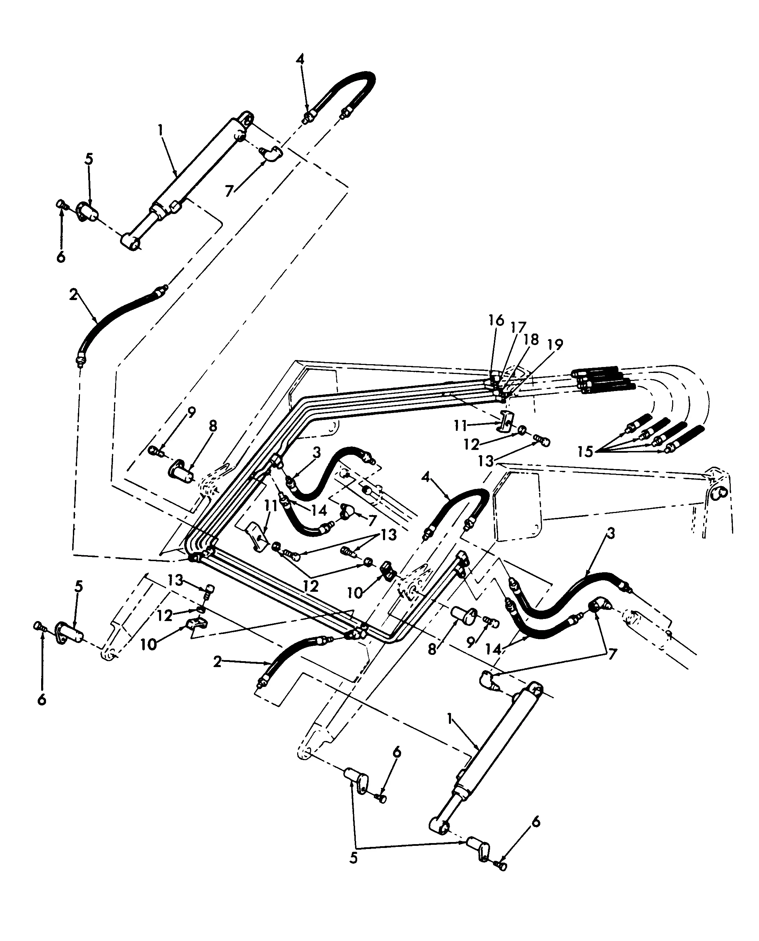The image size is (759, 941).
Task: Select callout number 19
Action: coord(555,345)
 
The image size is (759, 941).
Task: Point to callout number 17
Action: coord(518,328)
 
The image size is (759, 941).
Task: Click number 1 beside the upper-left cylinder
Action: coord(160,130)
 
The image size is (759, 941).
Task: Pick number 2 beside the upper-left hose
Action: coord(73,294)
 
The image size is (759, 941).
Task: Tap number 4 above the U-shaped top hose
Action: coord(300,59)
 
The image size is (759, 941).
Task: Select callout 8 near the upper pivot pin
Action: coord(212,426)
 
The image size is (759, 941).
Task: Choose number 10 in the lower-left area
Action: coord(148,644)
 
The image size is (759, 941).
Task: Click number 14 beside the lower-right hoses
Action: coord(494,649)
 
